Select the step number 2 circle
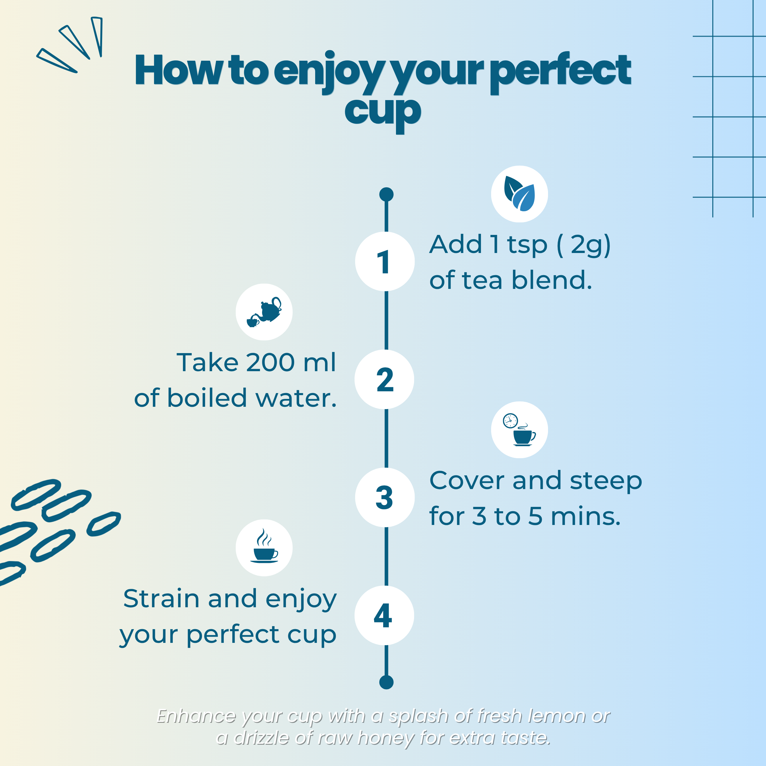[384, 379]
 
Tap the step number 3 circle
[385, 497]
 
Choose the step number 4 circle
[384, 615]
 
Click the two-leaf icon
[519, 194]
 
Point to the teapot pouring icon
[264, 312]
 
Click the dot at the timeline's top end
[386, 194]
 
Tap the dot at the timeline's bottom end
[386, 682]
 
